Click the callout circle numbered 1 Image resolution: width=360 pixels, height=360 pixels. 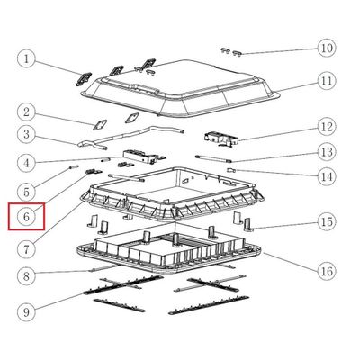(26, 58)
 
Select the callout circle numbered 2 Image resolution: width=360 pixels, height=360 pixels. (26, 112)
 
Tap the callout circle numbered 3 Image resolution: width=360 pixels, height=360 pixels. (26, 134)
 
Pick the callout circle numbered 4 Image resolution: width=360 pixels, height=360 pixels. (26, 163)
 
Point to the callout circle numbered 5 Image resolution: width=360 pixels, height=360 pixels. (26, 192)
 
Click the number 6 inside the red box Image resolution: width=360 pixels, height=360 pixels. (26, 217)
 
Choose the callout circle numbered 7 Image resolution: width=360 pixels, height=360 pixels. (26, 249)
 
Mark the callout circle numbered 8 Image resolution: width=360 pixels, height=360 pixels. (26, 276)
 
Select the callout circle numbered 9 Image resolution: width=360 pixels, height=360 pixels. (26, 312)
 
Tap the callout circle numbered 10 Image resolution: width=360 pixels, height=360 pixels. (327, 48)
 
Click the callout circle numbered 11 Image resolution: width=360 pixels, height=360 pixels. (327, 81)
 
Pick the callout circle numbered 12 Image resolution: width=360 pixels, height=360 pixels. (327, 127)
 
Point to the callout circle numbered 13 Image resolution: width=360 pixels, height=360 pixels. (327, 152)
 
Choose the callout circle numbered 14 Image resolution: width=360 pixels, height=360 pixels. (327, 177)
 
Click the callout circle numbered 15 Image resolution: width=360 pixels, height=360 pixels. (327, 222)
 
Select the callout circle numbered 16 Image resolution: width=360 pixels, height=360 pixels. (327, 271)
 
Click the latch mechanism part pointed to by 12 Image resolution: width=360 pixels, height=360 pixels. (221, 139)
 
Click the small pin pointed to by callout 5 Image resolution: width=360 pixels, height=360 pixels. (75, 167)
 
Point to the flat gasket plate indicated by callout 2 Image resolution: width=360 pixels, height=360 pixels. (100, 125)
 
